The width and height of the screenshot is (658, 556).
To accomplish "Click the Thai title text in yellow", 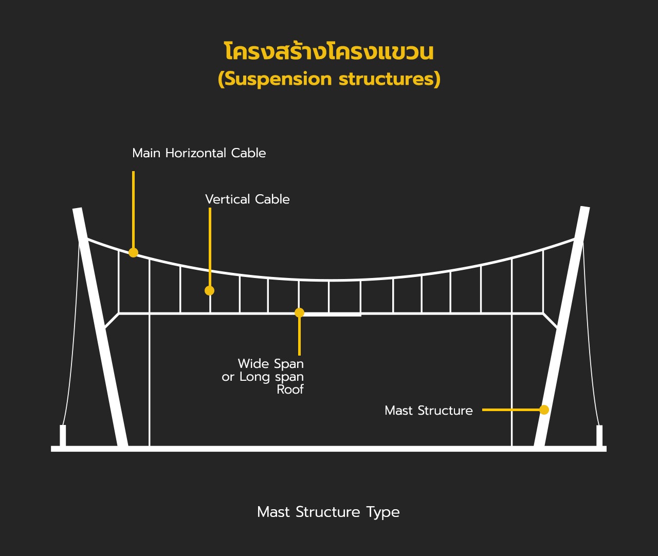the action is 329,51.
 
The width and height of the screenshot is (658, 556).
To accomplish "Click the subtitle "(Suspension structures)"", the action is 329,79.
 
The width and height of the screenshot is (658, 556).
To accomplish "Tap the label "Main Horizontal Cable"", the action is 199,153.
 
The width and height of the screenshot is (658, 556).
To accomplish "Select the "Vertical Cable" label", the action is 247,199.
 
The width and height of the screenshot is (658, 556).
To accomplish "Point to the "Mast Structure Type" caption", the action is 328,512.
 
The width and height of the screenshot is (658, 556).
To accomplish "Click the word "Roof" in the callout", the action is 290,390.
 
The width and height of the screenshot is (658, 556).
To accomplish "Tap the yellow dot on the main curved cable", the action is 133,253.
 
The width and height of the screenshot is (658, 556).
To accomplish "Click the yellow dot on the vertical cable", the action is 209,290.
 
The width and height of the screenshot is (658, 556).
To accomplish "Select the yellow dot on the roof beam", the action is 299,312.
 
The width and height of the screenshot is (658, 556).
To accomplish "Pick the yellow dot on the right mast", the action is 544,410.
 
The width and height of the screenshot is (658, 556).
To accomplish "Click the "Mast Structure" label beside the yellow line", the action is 429,411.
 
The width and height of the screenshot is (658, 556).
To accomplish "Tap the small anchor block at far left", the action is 63,435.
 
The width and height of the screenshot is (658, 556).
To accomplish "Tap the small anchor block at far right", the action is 599,435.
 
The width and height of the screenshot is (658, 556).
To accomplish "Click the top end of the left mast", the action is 77,209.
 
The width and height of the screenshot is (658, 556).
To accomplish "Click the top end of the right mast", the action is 585,208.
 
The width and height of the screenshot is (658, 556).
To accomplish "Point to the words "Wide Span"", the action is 270,363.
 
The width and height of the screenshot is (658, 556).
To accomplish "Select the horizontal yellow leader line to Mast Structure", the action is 511,410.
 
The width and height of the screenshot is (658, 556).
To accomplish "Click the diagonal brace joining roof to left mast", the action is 112,321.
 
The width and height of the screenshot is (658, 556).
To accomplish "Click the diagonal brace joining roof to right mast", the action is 550,321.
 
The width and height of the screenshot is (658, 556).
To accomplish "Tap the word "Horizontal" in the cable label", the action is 195,153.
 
